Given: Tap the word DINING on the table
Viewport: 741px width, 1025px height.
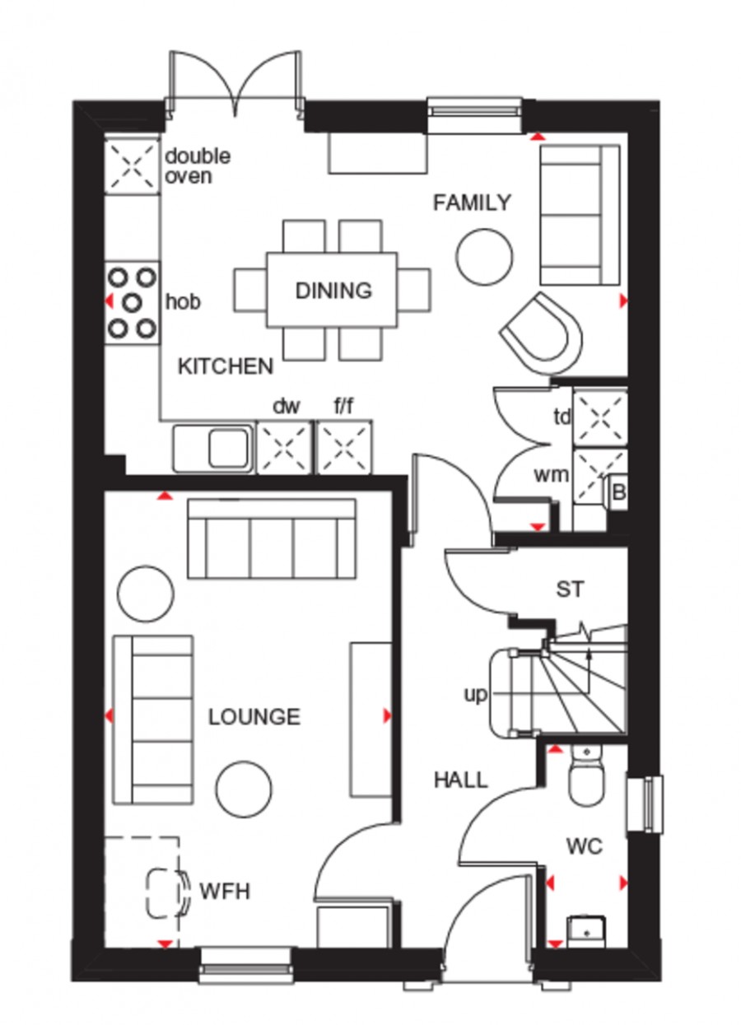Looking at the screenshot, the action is pyautogui.click(x=333, y=291).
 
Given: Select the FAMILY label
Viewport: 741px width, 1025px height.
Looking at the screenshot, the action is pyautogui.click(x=472, y=203).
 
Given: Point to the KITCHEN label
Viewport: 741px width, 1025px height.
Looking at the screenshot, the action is pyautogui.click(x=226, y=366).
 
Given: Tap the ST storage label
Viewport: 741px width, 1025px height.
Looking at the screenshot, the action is pyautogui.click(x=570, y=589).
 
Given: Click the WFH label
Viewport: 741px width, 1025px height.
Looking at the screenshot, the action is pyautogui.click(x=225, y=892).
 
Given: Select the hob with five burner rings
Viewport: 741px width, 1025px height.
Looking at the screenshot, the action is pyautogui.click(x=133, y=302).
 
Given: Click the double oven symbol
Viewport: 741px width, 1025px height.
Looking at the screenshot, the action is pyautogui.click(x=133, y=165).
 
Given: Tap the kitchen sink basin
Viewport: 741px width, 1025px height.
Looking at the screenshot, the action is pyautogui.click(x=229, y=447).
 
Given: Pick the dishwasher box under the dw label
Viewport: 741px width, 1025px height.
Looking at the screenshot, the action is pyautogui.click(x=284, y=447).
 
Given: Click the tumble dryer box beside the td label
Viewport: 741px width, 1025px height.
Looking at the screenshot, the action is pyautogui.click(x=600, y=417).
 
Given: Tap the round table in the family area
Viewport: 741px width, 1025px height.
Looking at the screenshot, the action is pyautogui.click(x=486, y=257).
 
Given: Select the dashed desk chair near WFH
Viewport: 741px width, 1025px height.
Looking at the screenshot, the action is pyautogui.click(x=167, y=892).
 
